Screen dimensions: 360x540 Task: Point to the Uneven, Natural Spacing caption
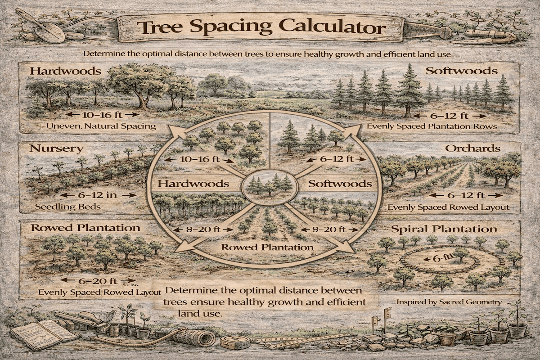[101, 126]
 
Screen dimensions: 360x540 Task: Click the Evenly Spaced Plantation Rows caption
[432, 126]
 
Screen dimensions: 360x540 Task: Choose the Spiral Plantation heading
[444, 229]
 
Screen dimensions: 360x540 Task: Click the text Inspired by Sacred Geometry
[449, 302]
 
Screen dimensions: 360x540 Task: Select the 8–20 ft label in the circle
[202, 229]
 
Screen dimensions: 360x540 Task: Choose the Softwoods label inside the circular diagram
[340, 184]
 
